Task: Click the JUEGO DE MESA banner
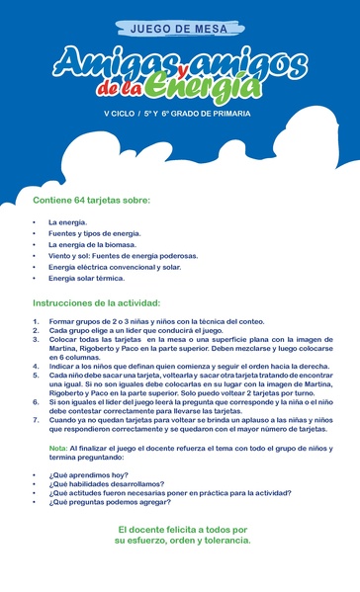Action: (179, 31)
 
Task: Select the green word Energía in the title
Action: (204, 90)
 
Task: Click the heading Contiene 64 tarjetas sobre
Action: (91, 200)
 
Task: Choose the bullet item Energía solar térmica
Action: (86, 278)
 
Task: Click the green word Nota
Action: (58, 448)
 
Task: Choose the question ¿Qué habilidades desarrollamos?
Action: (106, 484)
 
